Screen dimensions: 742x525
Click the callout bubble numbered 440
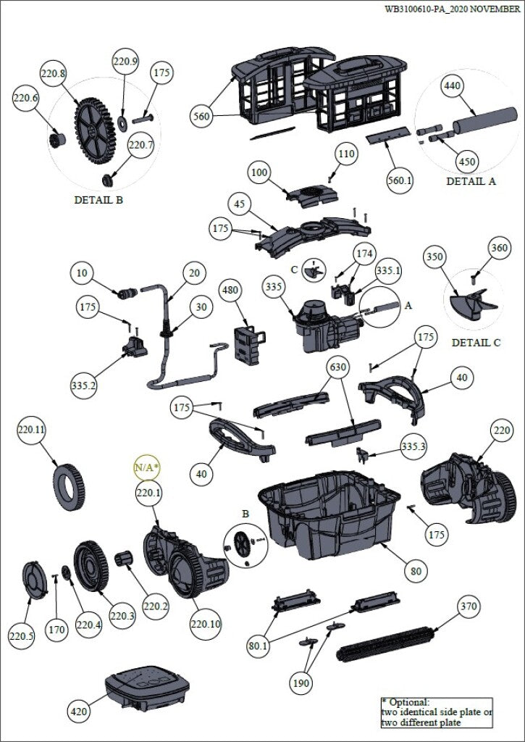(x=452, y=86)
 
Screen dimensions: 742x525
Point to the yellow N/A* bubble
(x=146, y=467)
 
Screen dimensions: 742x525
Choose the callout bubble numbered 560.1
(x=398, y=180)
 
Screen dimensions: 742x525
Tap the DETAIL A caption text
(x=471, y=181)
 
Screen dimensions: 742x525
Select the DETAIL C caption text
(x=476, y=342)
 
